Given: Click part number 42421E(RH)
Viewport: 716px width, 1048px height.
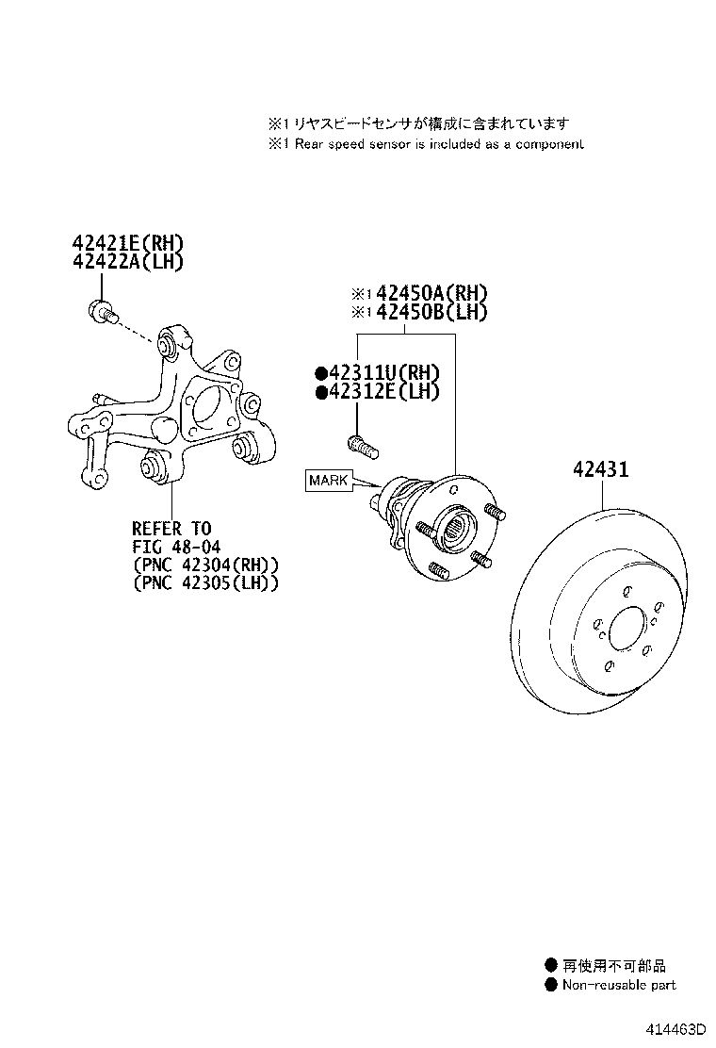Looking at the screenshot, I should (x=128, y=244).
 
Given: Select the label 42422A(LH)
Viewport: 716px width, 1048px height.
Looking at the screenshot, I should (x=128, y=262).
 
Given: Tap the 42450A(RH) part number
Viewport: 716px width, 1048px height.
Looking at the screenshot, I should (x=431, y=294).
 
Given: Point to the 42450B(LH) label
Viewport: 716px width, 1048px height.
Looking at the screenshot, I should (x=431, y=312).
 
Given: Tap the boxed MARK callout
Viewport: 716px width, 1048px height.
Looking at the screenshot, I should (x=328, y=481).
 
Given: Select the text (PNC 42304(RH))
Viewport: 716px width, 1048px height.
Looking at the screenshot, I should (x=203, y=565).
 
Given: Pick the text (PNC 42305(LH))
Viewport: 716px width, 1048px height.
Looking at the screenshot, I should (x=203, y=584).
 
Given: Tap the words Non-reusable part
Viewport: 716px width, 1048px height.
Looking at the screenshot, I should (x=619, y=986).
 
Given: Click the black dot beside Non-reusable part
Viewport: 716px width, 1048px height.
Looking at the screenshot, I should (x=551, y=986).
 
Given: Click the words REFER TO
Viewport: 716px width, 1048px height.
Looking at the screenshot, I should (x=171, y=528).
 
